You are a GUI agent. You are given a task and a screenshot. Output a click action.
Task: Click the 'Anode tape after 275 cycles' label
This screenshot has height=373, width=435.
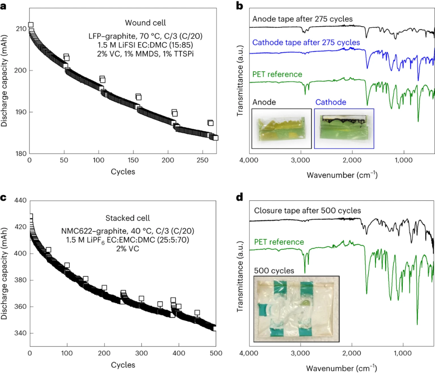pos(302,19)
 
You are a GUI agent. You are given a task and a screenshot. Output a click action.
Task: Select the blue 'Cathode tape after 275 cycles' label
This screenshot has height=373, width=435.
pos(306,42)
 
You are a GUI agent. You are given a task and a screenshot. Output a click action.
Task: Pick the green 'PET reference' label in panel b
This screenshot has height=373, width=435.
pos(277,74)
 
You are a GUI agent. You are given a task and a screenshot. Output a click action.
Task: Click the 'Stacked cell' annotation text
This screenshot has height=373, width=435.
pos(127,218)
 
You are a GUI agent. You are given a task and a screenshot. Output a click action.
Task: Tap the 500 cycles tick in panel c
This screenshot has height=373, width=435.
pos(216,354)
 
